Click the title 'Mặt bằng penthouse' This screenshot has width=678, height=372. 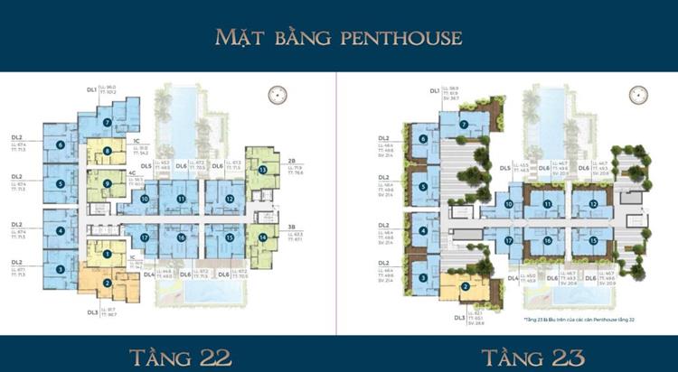pos(338,37)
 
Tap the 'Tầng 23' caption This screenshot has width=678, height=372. pos(507,351)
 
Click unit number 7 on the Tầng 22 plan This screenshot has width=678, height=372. pos(107,124)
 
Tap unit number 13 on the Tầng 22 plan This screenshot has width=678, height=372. pos(263,170)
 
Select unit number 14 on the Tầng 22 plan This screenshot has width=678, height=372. pos(263,237)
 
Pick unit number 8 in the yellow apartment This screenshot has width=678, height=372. pos(108,152)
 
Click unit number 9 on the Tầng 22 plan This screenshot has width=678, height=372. pos(108,184)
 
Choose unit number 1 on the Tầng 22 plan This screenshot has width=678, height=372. pos(107,255)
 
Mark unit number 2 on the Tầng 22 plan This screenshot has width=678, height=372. pos(107,283)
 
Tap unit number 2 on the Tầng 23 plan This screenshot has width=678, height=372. pos(465,286)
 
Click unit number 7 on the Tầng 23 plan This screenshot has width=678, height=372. pos(464,125)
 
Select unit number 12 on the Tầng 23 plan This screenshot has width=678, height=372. pos(593,204)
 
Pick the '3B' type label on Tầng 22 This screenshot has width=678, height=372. pos(294,228)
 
